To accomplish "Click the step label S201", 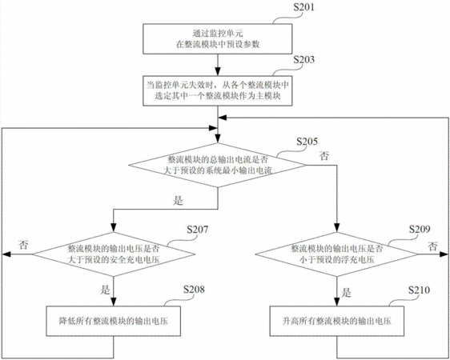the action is (303, 7).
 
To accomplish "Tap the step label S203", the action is (304, 60).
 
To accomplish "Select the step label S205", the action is (307, 142).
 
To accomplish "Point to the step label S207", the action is (198, 230).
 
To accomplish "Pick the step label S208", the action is (194, 290).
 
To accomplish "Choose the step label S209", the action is (420, 230).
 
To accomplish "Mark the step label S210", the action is (420, 290).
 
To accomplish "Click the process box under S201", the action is (218, 38).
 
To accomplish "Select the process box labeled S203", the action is (218, 90).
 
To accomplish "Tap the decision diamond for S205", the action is (218, 165).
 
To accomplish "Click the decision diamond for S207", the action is (114, 254).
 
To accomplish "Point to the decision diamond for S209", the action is (336, 254).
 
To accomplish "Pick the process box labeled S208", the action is (114, 321).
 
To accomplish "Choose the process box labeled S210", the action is (336, 321).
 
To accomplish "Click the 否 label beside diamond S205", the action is (324, 156).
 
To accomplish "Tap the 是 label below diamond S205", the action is (178, 200).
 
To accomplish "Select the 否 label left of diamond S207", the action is (23, 245).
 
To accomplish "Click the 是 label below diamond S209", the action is (347, 292).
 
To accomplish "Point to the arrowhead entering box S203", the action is (218, 72).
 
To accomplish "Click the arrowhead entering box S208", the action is (114, 302).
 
